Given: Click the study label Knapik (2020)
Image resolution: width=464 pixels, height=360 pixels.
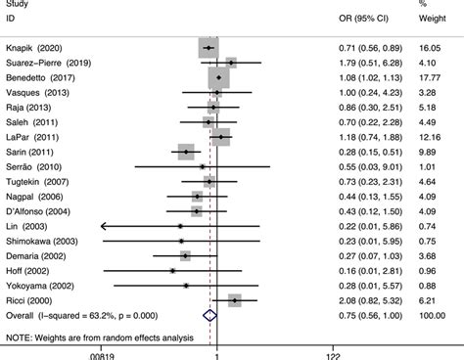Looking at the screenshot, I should tap(36, 47).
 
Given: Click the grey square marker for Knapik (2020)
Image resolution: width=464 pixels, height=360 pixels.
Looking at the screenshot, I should tap(209, 47).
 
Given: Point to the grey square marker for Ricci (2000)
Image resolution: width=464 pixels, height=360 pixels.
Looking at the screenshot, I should tap(235, 300).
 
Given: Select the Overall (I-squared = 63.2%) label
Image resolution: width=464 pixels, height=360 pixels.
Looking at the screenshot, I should tap(78, 315).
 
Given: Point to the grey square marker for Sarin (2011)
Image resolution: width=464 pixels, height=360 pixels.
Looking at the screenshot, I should tap(184, 152).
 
